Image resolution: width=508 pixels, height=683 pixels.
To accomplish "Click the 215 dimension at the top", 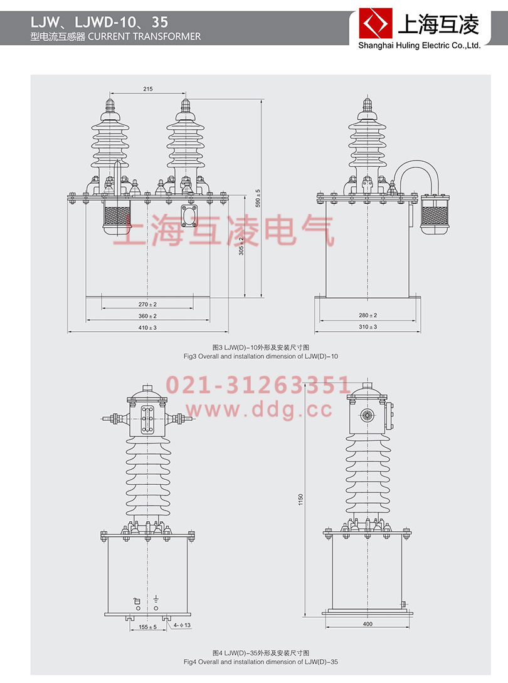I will pyautogui.click(x=148, y=90).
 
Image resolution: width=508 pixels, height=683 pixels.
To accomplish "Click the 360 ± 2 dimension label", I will pyautogui.click(x=147, y=315).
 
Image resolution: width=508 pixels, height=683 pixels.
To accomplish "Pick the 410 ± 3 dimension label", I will pyautogui.click(x=147, y=327).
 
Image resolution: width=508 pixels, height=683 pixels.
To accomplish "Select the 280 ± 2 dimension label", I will pyautogui.click(x=368, y=315).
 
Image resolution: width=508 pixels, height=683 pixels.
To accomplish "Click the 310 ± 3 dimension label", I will pyautogui.click(x=368, y=327).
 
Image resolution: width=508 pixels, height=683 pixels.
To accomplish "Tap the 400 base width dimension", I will pyautogui.click(x=367, y=624).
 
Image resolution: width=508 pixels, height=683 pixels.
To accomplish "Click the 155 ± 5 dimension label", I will pyautogui.click(x=148, y=626).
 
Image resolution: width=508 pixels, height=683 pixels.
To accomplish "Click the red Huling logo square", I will pyautogui.click(x=375, y=24).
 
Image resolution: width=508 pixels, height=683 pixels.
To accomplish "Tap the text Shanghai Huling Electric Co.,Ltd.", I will pyautogui.click(x=419, y=45).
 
